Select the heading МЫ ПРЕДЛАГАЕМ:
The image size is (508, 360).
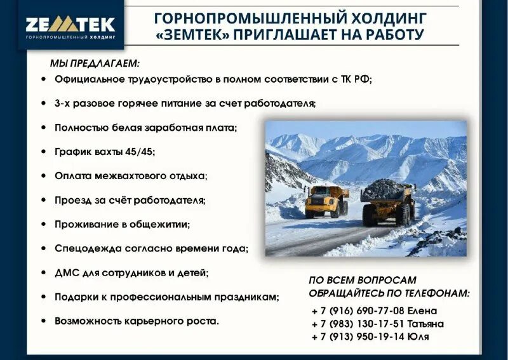(x=95, y=63)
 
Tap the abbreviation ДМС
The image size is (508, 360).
(x=68, y=272)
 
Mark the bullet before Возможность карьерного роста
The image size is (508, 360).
(x=43, y=321)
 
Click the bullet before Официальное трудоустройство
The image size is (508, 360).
(x=43, y=79)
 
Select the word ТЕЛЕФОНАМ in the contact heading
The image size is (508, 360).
(x=435, y=293)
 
